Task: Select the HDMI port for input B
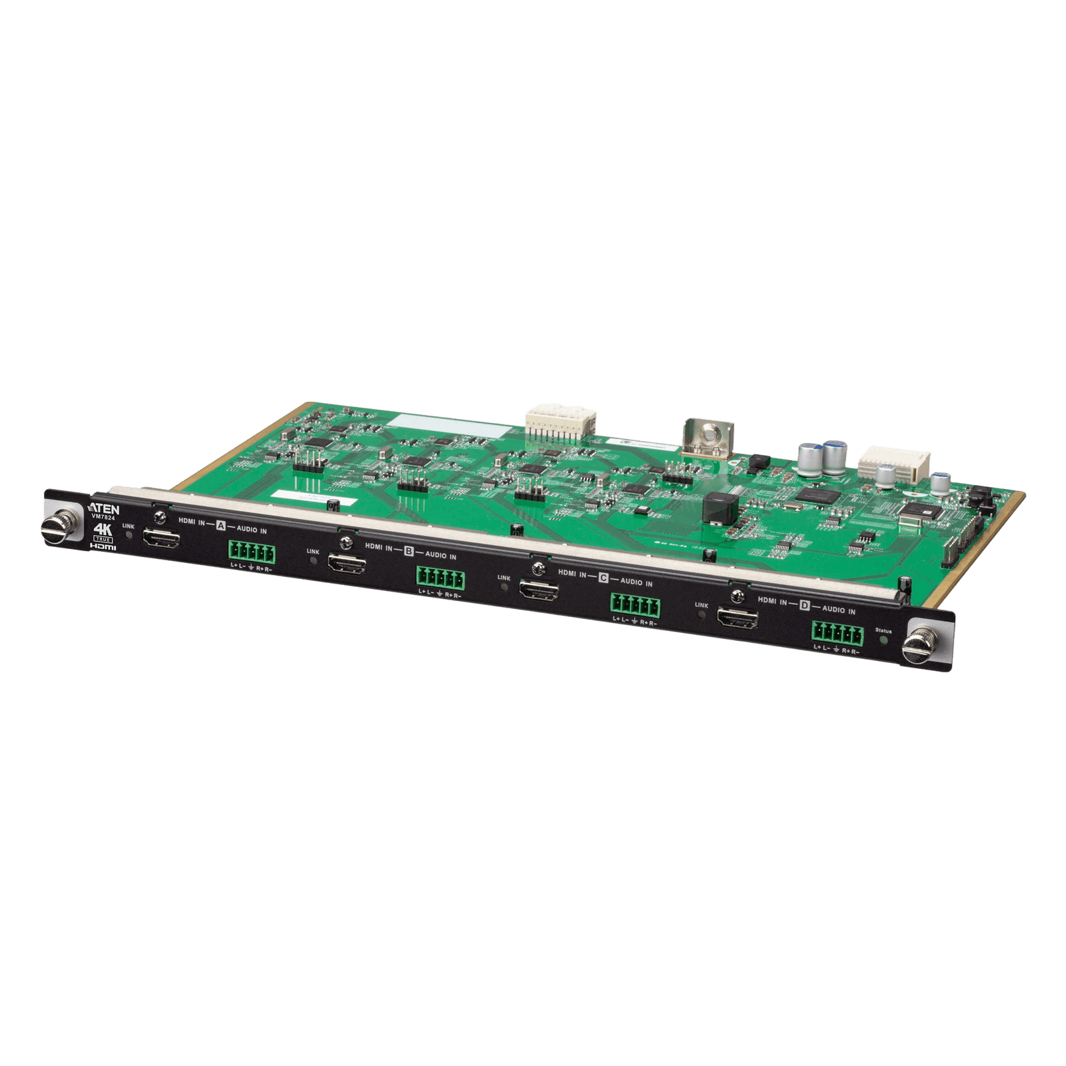coord(346,566)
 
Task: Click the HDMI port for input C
coord(538,592)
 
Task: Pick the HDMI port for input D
coord(738,620)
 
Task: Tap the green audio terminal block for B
coord(441,577)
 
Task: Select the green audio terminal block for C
coord(634,604)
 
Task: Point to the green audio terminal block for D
coord(835,632)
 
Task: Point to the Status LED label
coord(883,630)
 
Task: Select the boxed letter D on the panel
coord(805,605)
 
